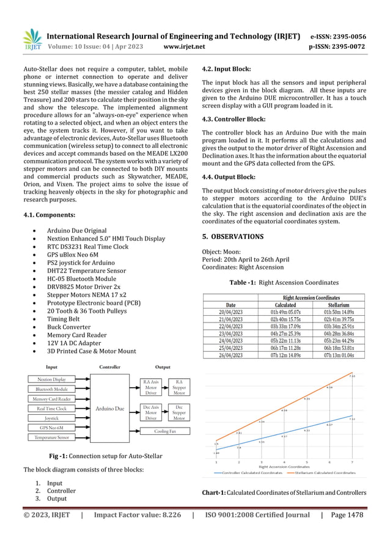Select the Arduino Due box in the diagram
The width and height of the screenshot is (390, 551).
pyautogui.click(x=109, y=408)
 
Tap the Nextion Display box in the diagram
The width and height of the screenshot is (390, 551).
pyautogui.click(x=51, y=379)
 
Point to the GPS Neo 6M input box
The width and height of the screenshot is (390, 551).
pyautogui.click(x=51, y=428)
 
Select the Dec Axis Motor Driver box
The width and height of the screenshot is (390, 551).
pyautogui.click(x=150, y=412)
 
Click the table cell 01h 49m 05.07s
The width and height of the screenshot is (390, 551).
pyautogui.click(x=285, y=312)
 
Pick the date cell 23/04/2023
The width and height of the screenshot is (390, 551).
pyautogui.click(x=230, y=334)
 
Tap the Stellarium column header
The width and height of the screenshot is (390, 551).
pyautogui.click(x=338, y=304)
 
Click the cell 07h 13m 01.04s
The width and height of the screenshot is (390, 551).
pyautogui.click(x=338, y=356)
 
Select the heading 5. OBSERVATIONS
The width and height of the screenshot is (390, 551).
pyautogui.click(x=233, y=236)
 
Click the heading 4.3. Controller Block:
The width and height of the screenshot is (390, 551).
pyautogui.click(x=229, y=119)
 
